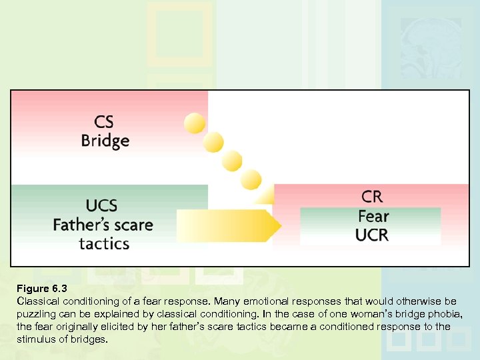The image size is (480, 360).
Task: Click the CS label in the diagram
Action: (x=105, y=122)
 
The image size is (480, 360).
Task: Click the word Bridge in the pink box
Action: (x=105, y=141)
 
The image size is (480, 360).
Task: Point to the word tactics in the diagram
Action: (x=104, y=243)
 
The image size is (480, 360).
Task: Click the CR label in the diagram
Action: (x=372, y=197)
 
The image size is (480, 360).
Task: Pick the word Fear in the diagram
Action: (x=373, y=216)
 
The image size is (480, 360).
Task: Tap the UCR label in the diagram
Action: (x=372, y=235)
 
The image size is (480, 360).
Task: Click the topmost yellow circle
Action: (x=195, y=122)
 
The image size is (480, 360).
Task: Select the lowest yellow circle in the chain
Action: (x=251, y=179)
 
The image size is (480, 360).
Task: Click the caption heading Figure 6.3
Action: (x=42, y=289)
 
